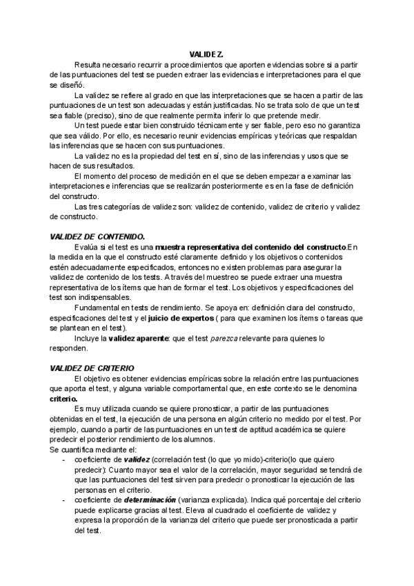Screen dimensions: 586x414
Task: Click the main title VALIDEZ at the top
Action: [206, 53]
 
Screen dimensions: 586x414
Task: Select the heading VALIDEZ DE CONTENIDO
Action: [97, 236]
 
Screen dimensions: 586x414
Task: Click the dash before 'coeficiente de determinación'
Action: [65, 498]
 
